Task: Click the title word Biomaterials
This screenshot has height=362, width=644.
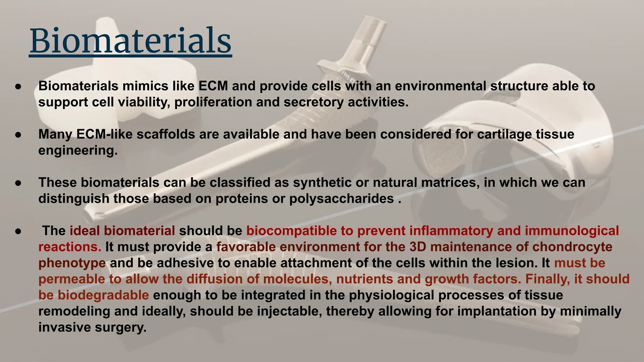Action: tap(130, 41)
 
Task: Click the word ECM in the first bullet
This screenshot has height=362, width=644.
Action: tap(213, 86)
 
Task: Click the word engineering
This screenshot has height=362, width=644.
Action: tap(78, 151)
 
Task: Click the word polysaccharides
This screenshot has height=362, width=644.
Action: tap(341, 199)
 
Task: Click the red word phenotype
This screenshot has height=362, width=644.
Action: tap(72, 263)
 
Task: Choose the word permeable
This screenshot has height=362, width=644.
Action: tap(72, 279)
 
